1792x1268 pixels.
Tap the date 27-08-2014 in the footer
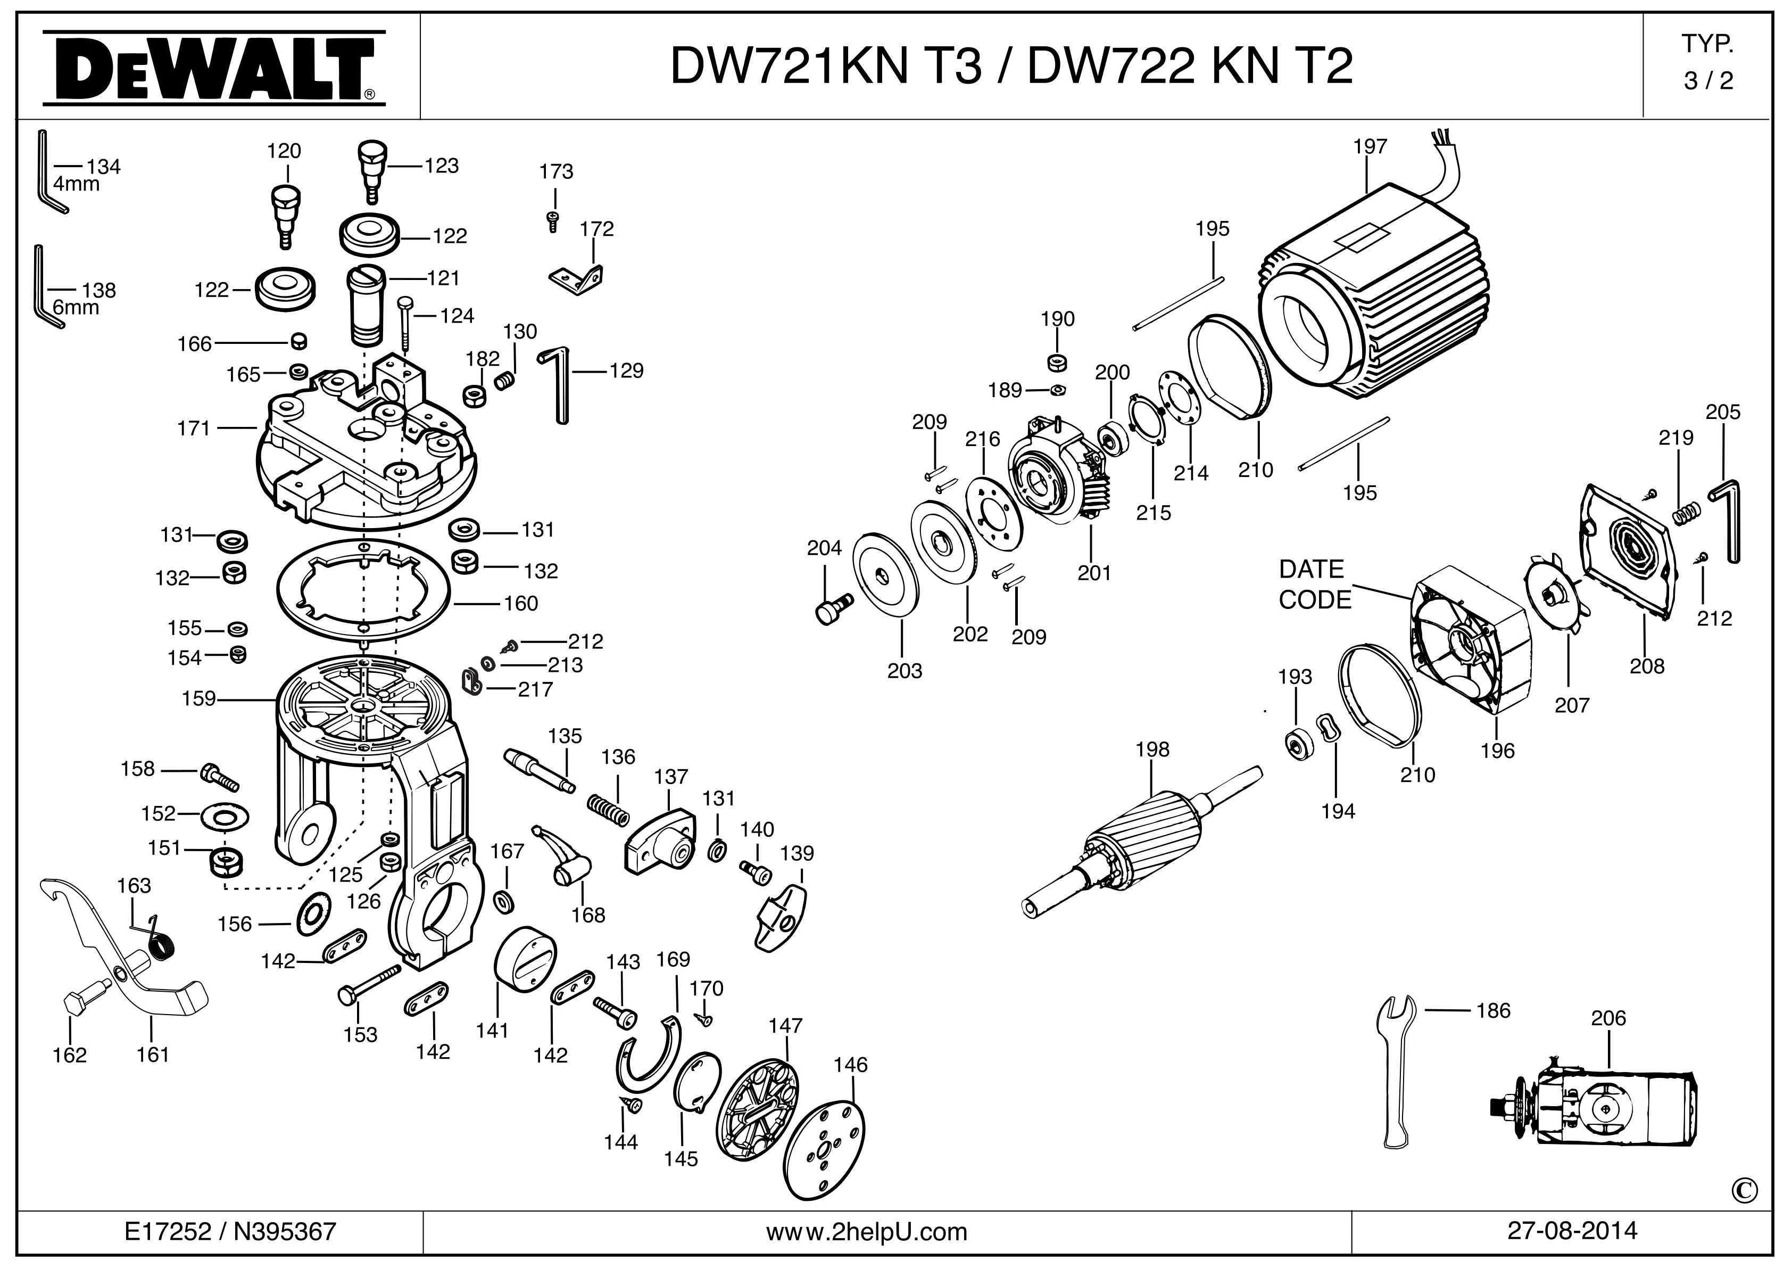1572,1231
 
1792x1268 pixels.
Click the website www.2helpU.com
866,1232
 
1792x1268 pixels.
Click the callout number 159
199,698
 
